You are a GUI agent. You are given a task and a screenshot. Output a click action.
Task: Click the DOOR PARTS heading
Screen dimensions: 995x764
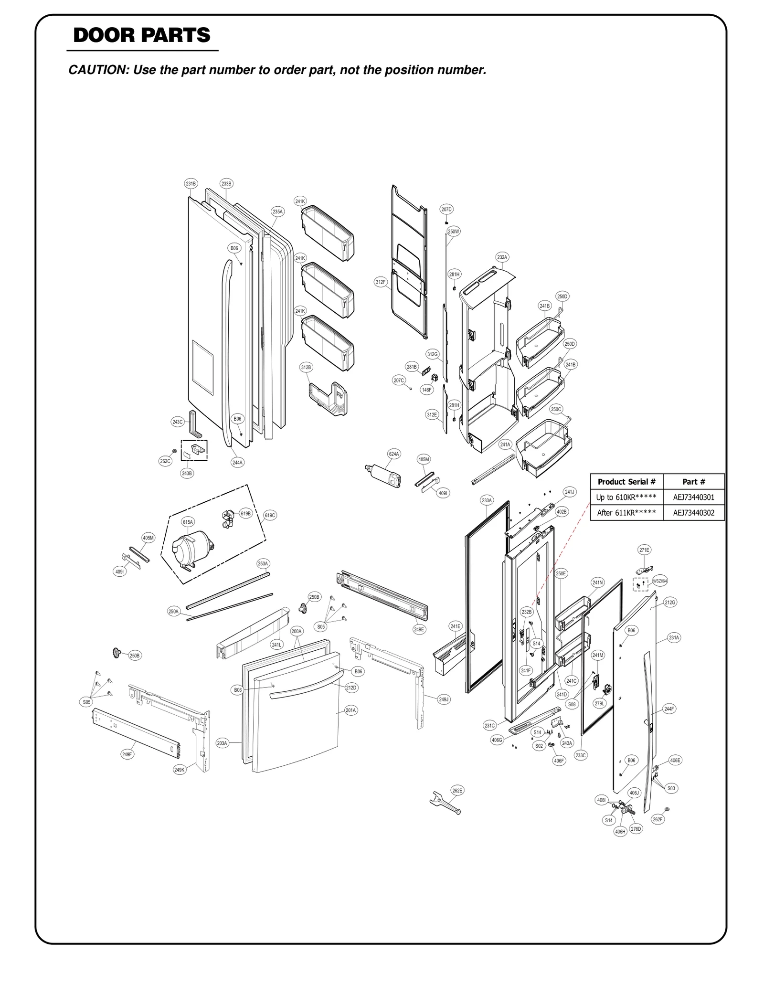click(142, 36)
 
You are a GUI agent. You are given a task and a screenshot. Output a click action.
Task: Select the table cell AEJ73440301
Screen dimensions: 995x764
click(693, 497)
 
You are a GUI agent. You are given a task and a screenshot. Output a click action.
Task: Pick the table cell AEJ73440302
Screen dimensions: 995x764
click(693, 513)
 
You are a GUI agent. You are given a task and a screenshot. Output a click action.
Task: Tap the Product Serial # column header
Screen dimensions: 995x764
click(626, 482)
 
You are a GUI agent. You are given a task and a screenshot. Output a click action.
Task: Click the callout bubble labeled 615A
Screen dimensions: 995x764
click(188, 522)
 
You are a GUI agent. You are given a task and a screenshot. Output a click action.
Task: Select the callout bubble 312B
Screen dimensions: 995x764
click(306, 367)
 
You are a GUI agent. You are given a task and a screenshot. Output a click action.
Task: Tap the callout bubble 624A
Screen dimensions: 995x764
click(394, 454)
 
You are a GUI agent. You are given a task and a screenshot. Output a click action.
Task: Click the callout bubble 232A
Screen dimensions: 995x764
click(502, 257)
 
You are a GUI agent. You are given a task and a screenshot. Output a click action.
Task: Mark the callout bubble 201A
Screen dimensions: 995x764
click(350, 710)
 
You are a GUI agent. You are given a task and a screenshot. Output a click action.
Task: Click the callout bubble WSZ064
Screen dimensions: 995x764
click(660, 581)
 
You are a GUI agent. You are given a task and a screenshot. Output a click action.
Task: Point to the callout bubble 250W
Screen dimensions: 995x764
click(453, 232)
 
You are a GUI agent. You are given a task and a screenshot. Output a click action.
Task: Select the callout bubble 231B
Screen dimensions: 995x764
click(191, 183)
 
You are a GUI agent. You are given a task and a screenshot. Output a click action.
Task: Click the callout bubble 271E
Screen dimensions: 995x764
click(644, 550)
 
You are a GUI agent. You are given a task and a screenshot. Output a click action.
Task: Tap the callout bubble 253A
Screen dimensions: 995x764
click(263, 563)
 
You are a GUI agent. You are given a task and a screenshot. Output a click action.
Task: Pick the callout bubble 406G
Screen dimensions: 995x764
click(497, 740)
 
